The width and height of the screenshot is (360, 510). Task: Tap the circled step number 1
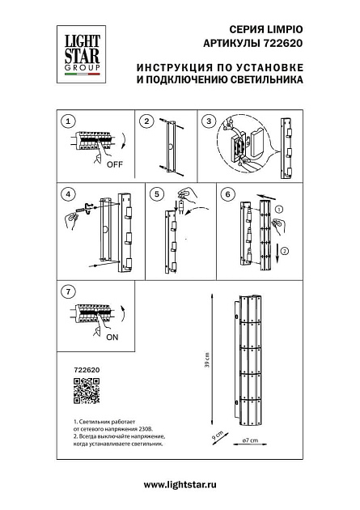click(x=69, y=121)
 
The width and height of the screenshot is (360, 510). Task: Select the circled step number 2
click(x=146, y=121)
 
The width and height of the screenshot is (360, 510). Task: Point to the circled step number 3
click(x=209, y=121)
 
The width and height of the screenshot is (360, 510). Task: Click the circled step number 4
click(x=69, y=194)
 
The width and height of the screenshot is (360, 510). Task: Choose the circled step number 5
click(x=158, y=194)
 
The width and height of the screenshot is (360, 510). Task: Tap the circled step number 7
click(x=69, y=290)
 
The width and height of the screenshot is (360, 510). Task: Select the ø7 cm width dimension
click(x=250, y=440)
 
